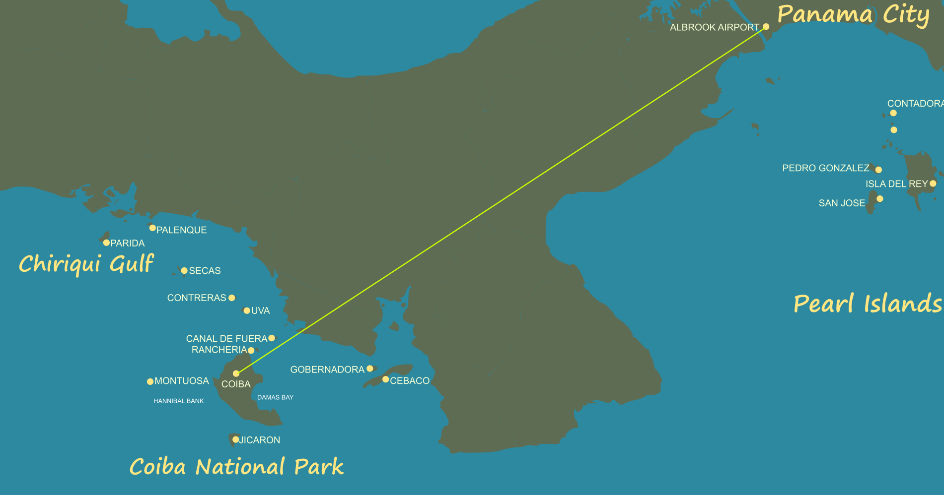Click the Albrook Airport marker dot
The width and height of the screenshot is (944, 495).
coord(766,27)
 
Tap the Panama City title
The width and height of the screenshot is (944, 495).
coord(853,14)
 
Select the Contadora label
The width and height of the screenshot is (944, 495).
coord(915,104)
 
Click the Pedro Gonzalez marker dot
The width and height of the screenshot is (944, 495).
coord(878,170)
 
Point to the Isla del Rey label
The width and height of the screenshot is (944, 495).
coord(896,184)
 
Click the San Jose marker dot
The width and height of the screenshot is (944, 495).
coord(879,199)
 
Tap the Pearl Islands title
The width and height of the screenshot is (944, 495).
coord(868,304)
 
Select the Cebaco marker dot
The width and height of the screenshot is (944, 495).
coord(385,379)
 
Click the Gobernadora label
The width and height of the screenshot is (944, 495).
coord(327,370)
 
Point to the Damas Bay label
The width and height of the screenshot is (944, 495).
coord(275,397)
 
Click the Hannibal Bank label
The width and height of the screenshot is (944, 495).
coord(179,401)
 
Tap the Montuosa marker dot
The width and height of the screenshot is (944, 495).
coord(150,381)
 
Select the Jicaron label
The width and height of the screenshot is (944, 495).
coord(260,440)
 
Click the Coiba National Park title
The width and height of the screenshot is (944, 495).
coord(236,467)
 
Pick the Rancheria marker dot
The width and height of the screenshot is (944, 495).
coord(251,351)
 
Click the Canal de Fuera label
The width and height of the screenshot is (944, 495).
coord(226,339)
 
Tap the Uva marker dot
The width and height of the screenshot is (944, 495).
coord(247,311)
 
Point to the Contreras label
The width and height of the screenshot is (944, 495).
coord(197,298)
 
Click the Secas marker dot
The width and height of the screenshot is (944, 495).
coord(184,271)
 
